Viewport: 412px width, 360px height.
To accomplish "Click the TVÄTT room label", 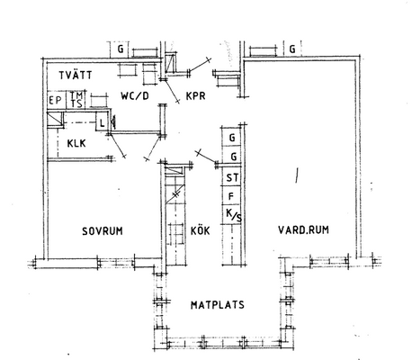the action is click(x=76, y=75).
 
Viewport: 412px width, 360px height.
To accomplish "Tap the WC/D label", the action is click(x=135, y=96).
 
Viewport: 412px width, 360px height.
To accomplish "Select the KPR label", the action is click(x=195, y=96).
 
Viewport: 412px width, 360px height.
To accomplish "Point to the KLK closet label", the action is click(x=76, y=143).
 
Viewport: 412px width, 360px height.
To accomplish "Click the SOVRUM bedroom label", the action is click(x=103, y=231).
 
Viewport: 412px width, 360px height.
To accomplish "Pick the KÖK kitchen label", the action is click(x=201, y=230).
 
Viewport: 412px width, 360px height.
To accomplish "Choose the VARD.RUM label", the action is click(x=303, y=230).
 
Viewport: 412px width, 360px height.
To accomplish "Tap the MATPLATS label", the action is click(x=218, y=305).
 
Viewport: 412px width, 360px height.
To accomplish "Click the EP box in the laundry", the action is click(x=56, y=100).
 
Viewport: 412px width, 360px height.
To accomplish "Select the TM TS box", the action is click(x=76, y=100).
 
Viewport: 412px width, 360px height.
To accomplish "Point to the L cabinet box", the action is click(x=102, y=121).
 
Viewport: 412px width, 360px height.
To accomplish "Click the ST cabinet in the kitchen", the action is click(x=232, y=177).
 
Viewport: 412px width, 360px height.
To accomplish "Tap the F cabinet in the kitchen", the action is click(x=231, y=195).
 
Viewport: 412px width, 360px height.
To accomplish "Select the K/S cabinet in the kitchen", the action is click(x=232, y=215).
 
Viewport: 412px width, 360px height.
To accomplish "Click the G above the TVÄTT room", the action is click(x=121, y=49).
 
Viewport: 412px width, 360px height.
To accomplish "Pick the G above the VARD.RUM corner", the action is click(x=292, y=49).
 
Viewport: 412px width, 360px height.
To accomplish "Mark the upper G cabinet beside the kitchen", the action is click(x=232, y=138).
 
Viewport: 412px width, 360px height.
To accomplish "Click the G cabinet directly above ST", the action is click(x=232, y=156).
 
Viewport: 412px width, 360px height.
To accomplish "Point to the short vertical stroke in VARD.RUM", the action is click(x=297, y=175).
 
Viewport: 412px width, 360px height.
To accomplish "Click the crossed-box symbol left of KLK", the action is click(x=55, y=119).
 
